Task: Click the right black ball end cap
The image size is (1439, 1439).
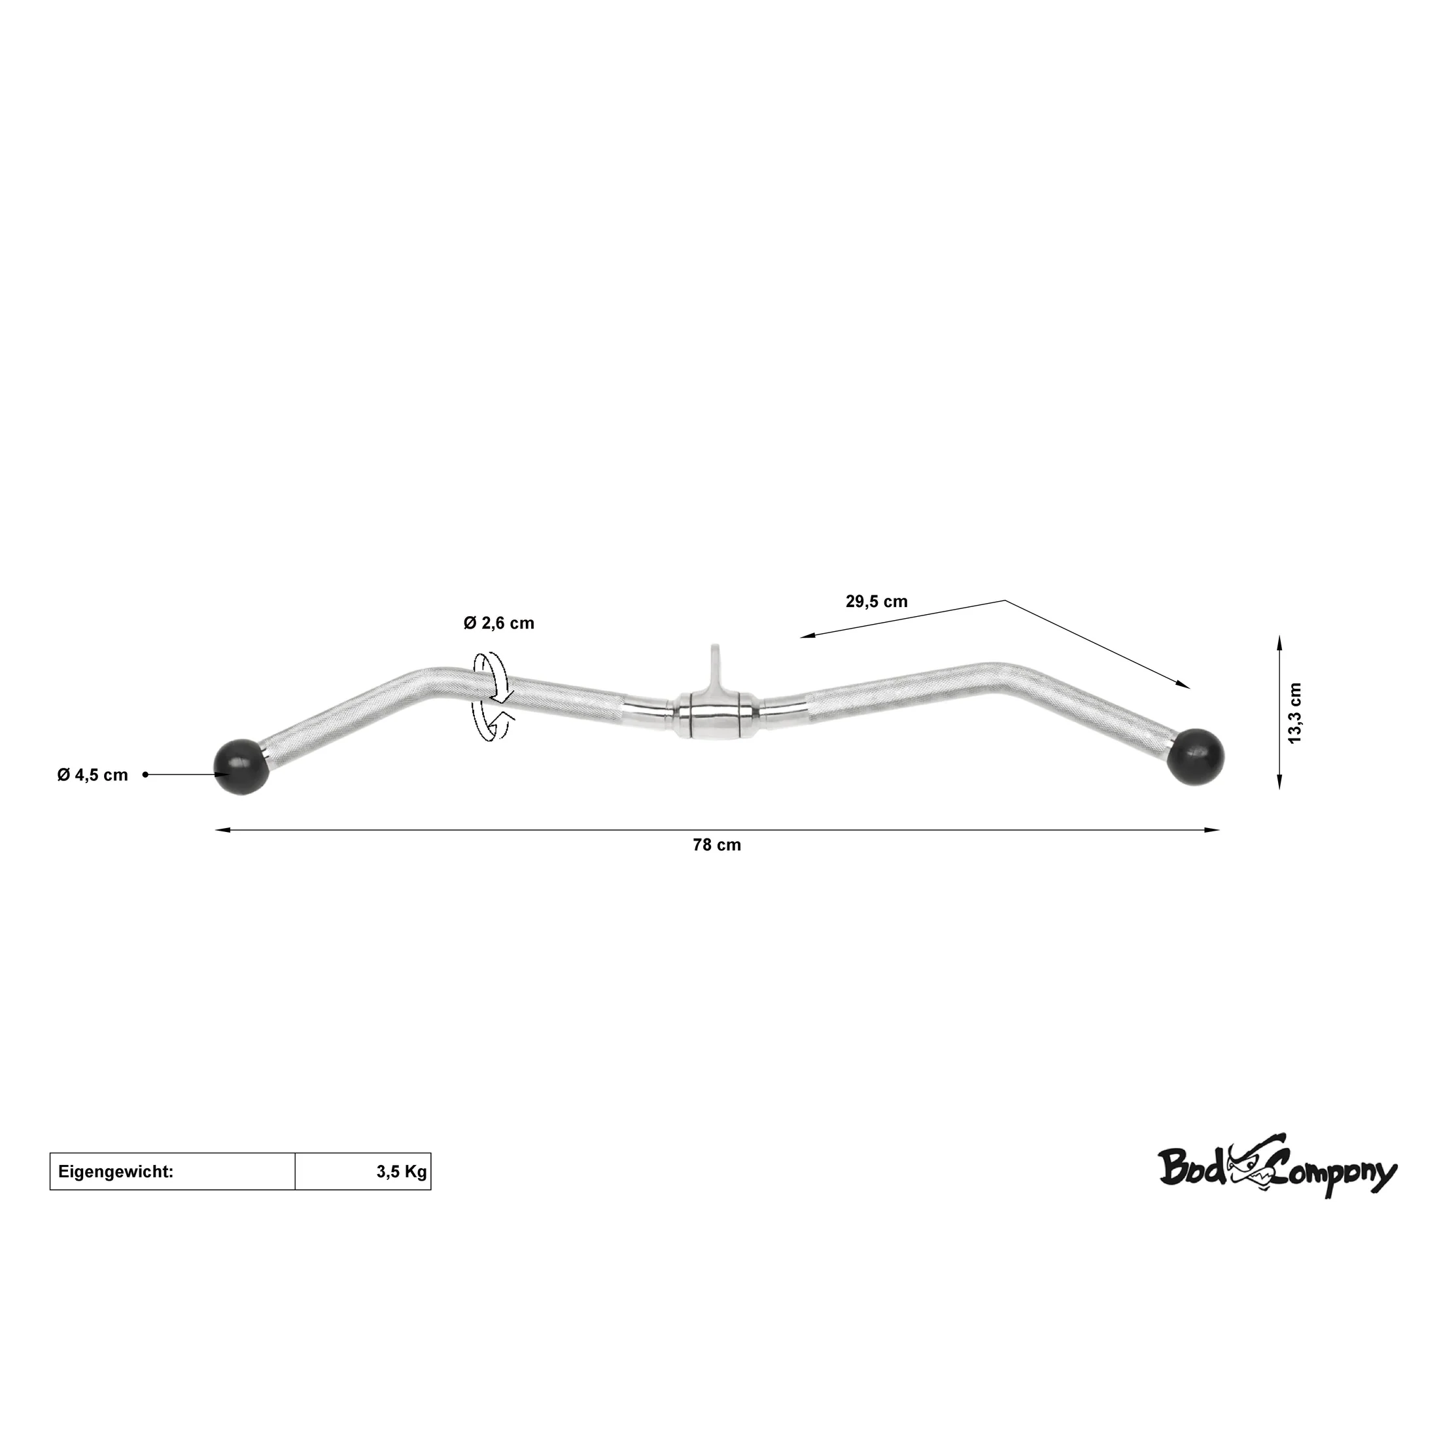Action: pos(1196,755)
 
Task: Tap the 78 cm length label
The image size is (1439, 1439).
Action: pos(716,844)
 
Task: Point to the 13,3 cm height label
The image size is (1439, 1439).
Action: pos(1295,712)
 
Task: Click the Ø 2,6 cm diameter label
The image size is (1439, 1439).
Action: pos(498,623)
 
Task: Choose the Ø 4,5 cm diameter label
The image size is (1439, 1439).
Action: pos(92,774)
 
